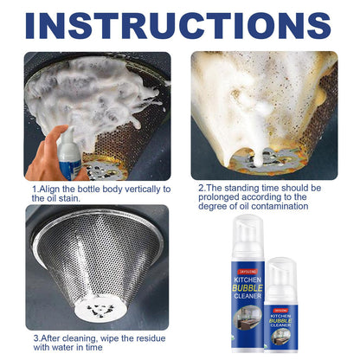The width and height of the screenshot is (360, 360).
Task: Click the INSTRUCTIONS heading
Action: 178,25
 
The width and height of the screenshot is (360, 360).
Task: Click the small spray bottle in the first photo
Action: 69,153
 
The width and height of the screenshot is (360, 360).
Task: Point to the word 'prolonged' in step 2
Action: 218,197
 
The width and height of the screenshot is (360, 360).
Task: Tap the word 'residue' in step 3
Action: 151,338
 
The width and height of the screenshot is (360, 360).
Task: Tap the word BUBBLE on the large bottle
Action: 247,288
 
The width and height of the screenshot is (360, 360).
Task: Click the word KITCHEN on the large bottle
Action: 247,280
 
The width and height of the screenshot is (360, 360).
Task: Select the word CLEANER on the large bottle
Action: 247,296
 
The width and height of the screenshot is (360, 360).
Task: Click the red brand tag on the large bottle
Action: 247,272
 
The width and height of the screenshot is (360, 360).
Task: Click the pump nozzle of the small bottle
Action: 280,270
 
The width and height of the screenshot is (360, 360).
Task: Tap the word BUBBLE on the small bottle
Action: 280,321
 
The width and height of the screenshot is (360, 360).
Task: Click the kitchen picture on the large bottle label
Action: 247,318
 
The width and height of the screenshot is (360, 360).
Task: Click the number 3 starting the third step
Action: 35,338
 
